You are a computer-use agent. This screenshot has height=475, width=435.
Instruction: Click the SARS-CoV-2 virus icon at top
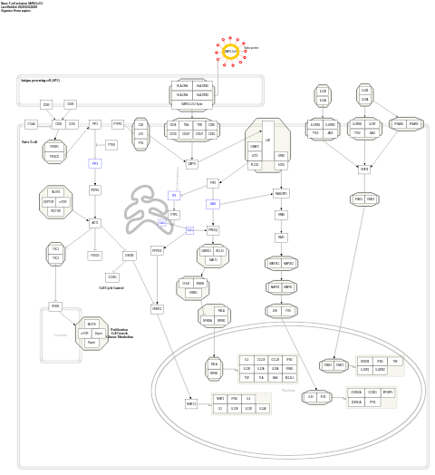(x=230, y=52)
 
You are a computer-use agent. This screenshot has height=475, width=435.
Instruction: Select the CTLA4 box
(x=32, y=124)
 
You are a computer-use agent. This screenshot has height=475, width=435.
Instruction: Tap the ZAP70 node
(x=191, y=164)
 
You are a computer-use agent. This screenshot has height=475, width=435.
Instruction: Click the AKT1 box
(x=95, y=222)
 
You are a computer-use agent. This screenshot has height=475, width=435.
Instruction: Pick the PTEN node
(x=111, y=145)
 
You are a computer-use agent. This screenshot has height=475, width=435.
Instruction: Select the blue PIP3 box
(x=94, y=163)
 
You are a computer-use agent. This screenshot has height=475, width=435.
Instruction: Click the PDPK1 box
(x=95, y=190)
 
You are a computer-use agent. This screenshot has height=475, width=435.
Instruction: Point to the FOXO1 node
(x=95, y=256)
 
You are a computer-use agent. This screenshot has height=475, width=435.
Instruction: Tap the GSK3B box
(x=130, y=256)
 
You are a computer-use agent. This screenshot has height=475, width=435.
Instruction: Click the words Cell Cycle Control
(x=111, y=287)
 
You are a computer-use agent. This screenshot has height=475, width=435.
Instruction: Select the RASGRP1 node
(x=281, y=193)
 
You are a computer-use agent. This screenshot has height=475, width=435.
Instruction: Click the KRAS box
(x=282, y=215)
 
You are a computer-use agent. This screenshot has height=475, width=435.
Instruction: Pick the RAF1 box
(x=282, y=237)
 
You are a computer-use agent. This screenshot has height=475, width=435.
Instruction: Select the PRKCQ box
(x=213, y=230)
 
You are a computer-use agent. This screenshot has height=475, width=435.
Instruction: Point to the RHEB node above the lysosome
(x=55, y=306)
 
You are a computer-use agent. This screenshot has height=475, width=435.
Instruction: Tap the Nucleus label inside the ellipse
(x=288, y=391)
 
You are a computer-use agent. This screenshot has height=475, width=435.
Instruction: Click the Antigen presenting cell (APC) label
(x=41, y=81)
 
